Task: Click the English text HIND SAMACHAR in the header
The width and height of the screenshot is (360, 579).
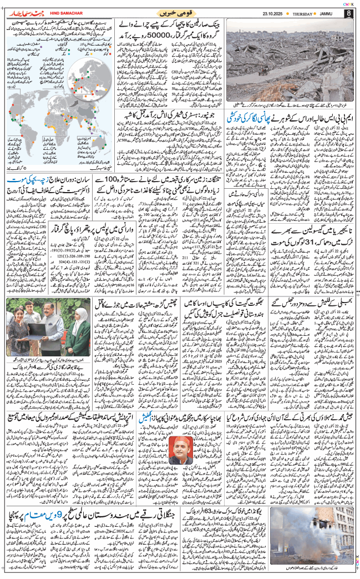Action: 52,12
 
